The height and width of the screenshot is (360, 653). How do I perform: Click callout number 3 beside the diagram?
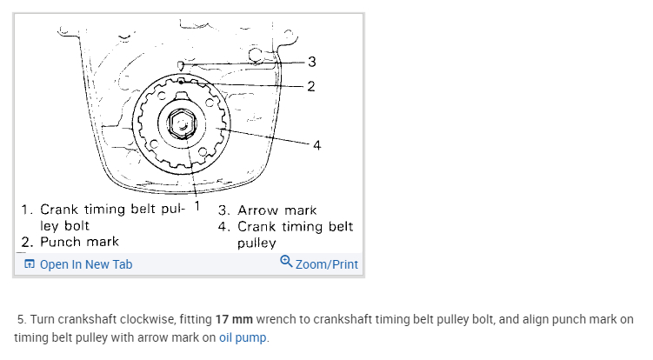pos(311,61)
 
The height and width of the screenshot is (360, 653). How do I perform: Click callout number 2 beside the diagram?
pos(310,85)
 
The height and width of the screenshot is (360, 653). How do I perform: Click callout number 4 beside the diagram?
pos(317,145)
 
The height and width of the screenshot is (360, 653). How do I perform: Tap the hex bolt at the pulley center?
pos(182,124)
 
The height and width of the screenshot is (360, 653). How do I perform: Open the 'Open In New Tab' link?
pos(86,264)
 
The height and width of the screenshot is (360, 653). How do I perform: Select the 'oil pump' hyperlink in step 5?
pos(243,337)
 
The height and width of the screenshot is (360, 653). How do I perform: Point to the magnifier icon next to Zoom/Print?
pos(286,263)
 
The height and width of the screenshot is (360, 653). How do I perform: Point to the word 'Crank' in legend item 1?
pos(59,210)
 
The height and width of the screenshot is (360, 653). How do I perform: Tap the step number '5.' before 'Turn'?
pos(22,319)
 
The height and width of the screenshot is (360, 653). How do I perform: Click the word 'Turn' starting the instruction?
pos(43,319)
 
